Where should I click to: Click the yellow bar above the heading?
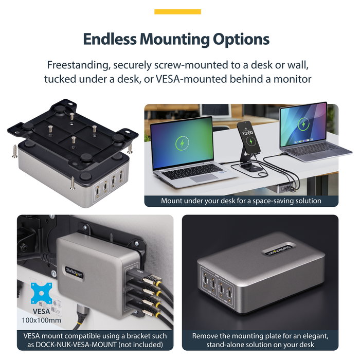click(x=177, y=12)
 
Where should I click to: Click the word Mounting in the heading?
click(x=174, y=40)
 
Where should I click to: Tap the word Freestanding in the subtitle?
click(x=77, y=65)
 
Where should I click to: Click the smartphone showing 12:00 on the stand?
click(x=248, y=137)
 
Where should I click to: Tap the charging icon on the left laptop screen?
click(x=182, y=143)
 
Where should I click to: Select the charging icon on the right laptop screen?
click(x=303, y=124)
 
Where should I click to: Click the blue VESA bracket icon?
click(x=41, y=293)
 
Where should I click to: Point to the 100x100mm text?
click(x=41, y=320)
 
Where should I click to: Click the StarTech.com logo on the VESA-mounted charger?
click(x=74, y=272)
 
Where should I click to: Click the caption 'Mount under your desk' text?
click(x=241, y=201)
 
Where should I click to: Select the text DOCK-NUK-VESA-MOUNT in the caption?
click(x=76, y=345)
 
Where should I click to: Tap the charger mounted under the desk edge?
click(x=287, y=189)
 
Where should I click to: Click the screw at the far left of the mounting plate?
click(x=15, y=151)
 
